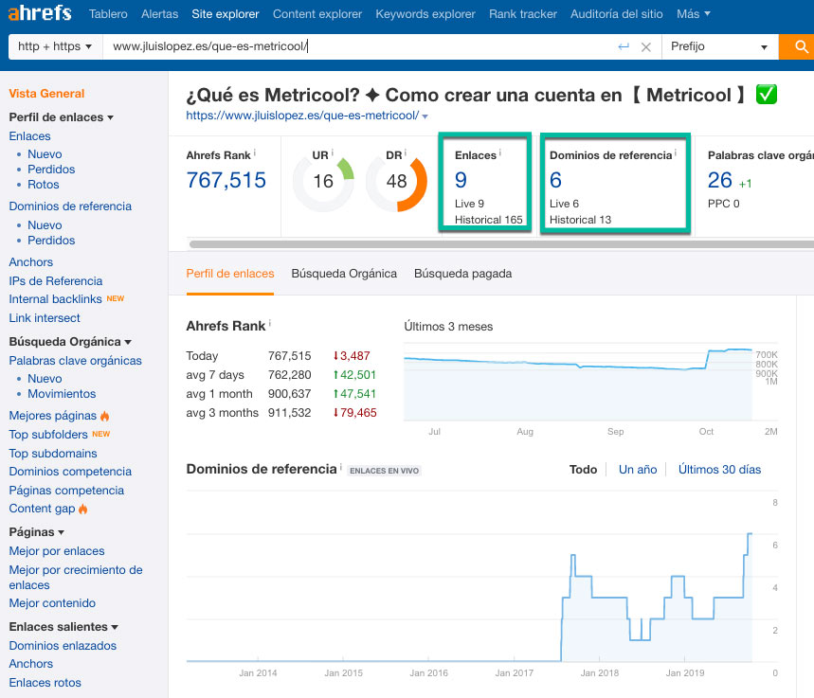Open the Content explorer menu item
[x=317, y=14]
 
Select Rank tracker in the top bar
[x=522, y=14]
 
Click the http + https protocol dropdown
[x=55, y=46]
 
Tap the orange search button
[x=798, y=46]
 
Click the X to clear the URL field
[x=646, y=46]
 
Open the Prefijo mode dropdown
[x=718, y=46]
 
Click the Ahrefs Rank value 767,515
[x=226, y=180]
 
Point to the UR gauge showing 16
[x=323, y=180]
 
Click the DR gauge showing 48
[x=397, y=180]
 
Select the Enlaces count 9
[x=461, y=181]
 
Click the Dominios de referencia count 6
[x=555, y=181]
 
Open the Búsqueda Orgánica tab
[x=344, y=274]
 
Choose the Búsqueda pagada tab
[x=462, y=274]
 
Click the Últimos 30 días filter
[x=719, y=470]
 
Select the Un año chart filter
[x=638, y=470]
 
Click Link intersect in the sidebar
[x=45, y=318]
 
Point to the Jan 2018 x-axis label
[x=600, y=673]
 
